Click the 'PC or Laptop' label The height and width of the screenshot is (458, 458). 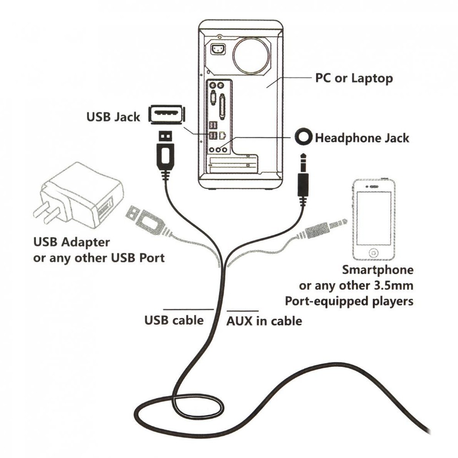click(x=354, y=78)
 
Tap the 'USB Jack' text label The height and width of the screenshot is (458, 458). click(x=113, y=117)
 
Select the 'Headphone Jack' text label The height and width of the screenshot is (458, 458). click(x=362, y=137)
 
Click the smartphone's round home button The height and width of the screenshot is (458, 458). click(x=374, y=252)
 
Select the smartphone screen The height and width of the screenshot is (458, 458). click(x=374, y=218)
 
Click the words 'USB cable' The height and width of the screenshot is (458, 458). click(x=174, y=320)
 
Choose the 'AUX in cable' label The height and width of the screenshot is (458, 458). click(x=264, y=321)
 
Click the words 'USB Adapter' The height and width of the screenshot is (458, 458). click(x=72, y=241)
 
